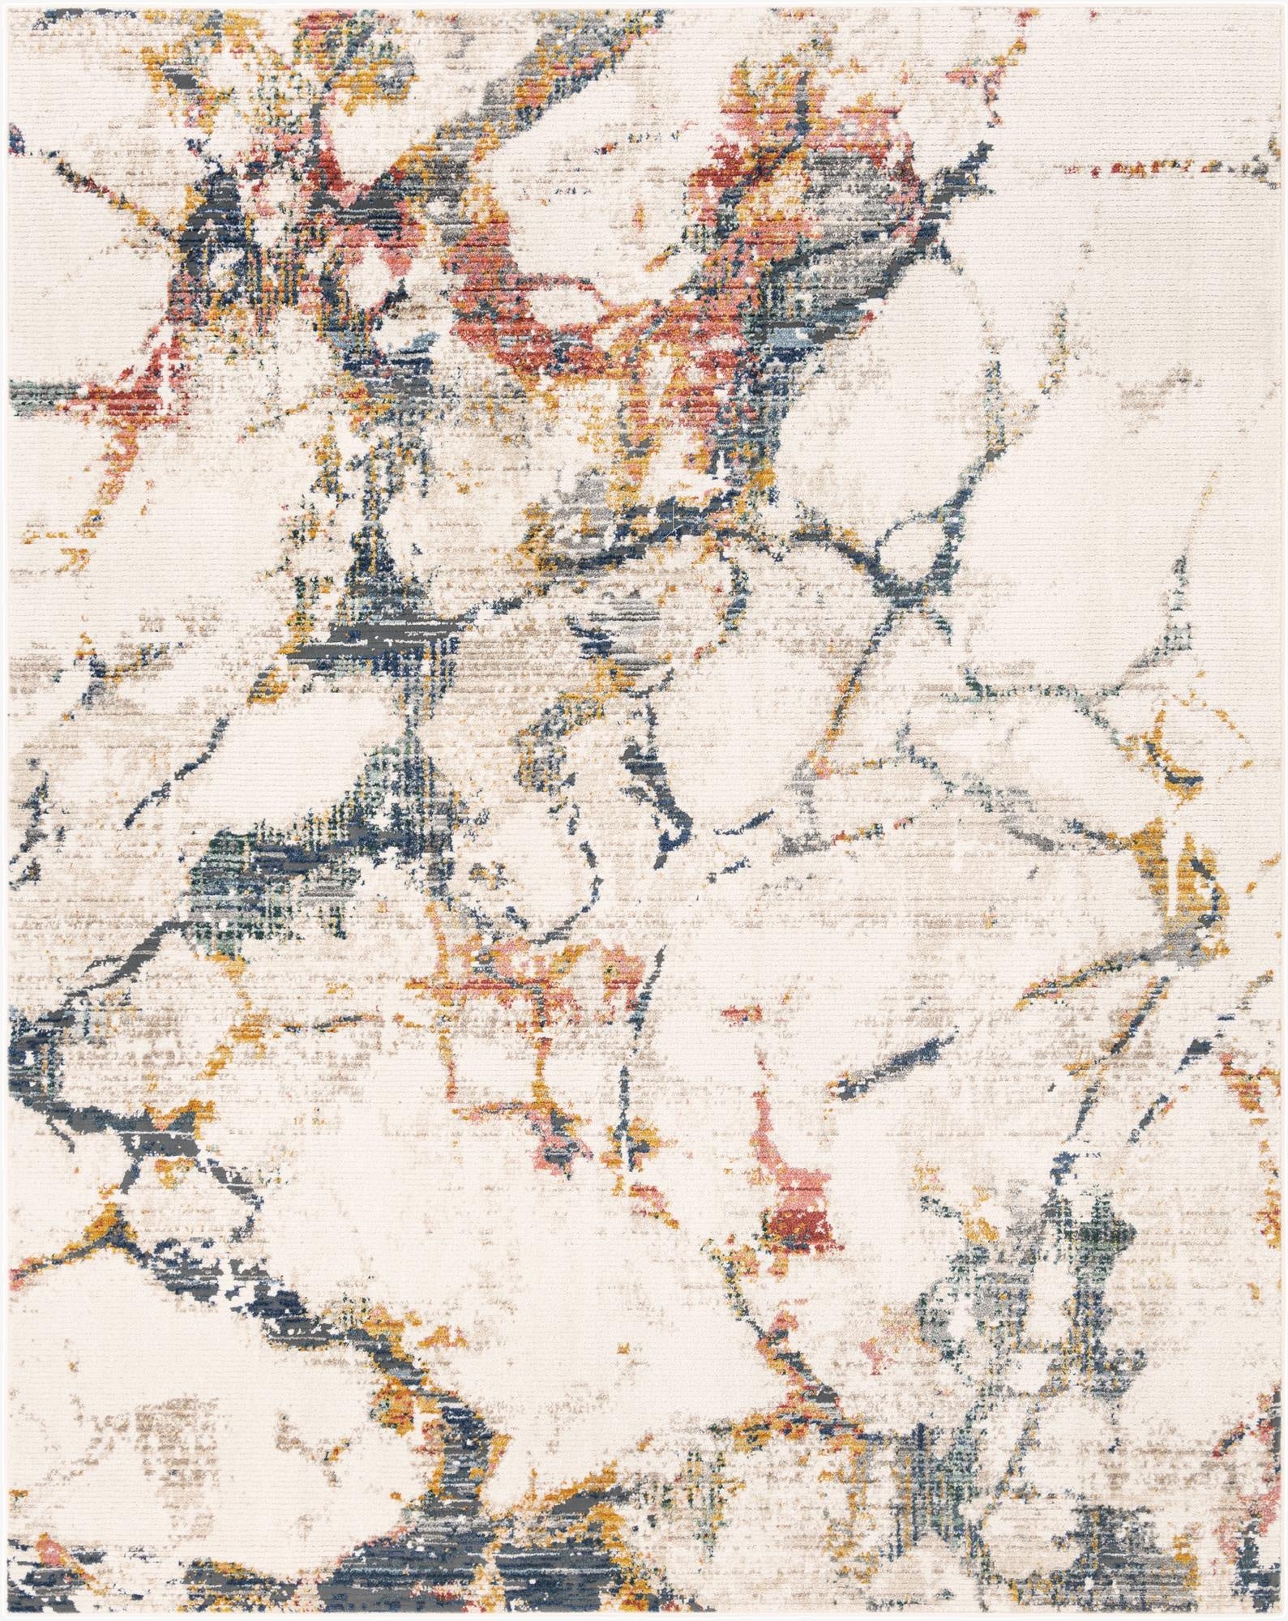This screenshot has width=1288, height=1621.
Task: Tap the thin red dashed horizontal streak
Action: click(x=1151, y=169)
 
